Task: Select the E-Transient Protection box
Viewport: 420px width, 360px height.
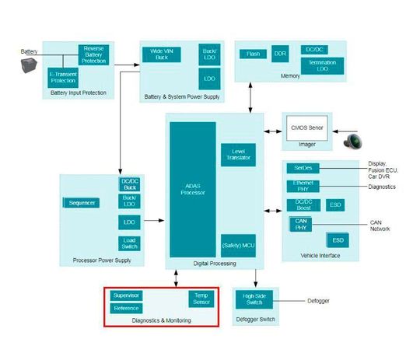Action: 61,78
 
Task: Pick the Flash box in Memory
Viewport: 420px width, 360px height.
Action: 253,54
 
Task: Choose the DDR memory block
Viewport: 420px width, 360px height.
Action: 280,54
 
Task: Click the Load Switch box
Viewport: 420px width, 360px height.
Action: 129,243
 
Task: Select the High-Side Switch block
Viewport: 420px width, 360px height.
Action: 254,300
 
